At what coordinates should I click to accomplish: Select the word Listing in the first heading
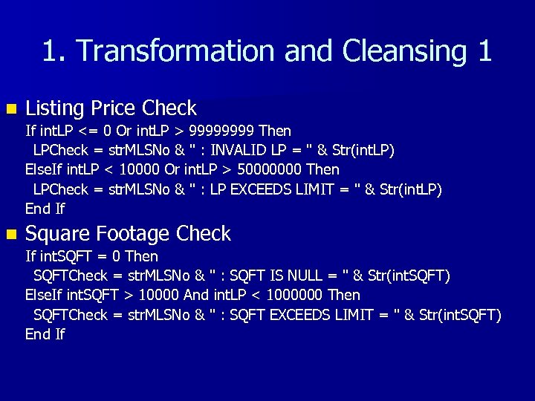[x=54, y=108]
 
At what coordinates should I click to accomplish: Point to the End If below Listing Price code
[x=45, y=209]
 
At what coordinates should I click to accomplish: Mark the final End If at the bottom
[x=45, y=334]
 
